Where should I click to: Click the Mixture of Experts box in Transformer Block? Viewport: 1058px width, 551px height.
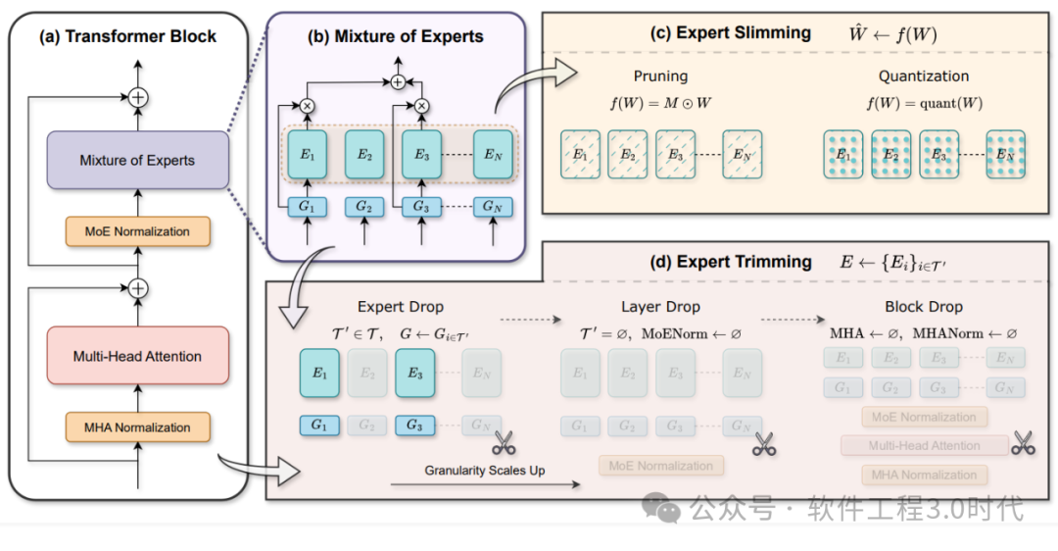137,161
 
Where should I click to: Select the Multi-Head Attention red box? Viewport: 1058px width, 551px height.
137,357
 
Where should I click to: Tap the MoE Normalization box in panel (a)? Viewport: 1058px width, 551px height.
137,231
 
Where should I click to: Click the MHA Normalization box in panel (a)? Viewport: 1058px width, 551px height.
137,427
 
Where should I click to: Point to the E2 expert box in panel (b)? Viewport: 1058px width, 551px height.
363,154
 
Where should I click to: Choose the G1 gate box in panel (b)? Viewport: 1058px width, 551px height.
306,209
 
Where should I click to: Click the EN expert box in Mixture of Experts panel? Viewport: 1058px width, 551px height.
492,154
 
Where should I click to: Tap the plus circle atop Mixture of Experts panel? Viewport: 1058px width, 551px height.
397,83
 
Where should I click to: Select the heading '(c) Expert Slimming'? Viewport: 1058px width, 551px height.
732,32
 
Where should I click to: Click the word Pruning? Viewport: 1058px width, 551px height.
661,75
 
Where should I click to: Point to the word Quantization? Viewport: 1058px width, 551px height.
924,75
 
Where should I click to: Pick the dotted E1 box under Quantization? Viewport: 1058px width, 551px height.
843,154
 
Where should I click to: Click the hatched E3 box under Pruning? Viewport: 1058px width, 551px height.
676,154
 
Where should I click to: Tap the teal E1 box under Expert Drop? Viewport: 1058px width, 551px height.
319,373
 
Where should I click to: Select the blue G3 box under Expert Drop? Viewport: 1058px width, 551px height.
414,426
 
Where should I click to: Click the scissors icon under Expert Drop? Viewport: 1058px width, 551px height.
505,442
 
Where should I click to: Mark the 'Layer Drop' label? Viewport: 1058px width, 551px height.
661,307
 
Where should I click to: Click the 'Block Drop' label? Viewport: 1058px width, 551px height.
924,307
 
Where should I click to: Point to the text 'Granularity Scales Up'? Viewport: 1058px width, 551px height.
485,471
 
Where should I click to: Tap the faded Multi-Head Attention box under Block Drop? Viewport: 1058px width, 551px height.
924,446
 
